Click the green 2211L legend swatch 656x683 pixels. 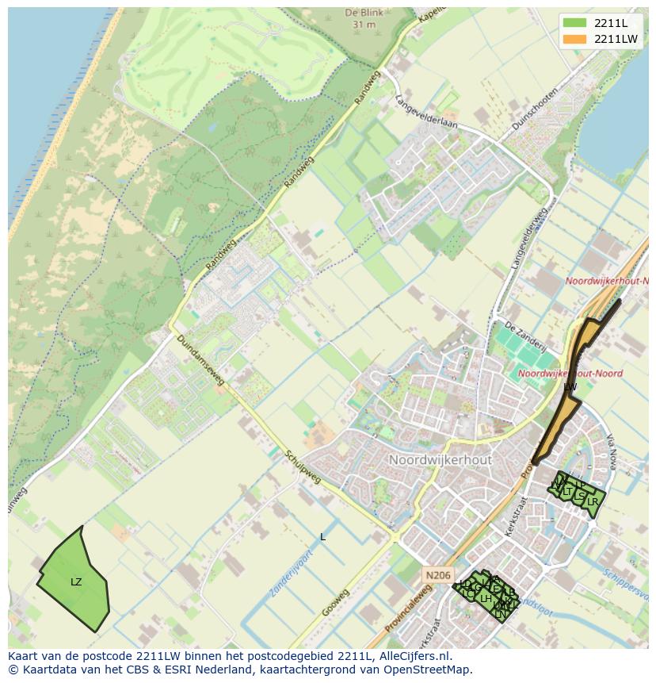pos(575,23)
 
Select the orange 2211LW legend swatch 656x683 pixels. pos(575,39)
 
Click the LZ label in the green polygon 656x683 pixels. pos(76,582)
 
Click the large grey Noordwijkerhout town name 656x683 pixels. pos(441,460)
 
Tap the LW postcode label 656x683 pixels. pos(570,386)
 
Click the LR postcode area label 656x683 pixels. pos(592,501)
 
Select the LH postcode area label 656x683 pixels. pos(486,599)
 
